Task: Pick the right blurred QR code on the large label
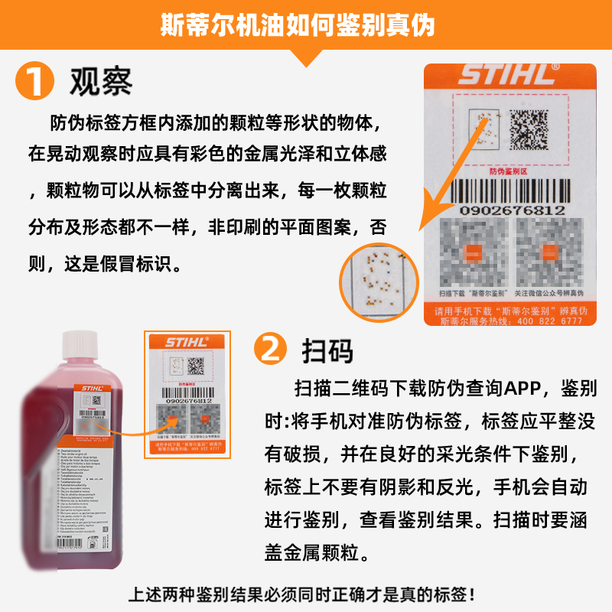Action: click(x=549, y=252)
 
